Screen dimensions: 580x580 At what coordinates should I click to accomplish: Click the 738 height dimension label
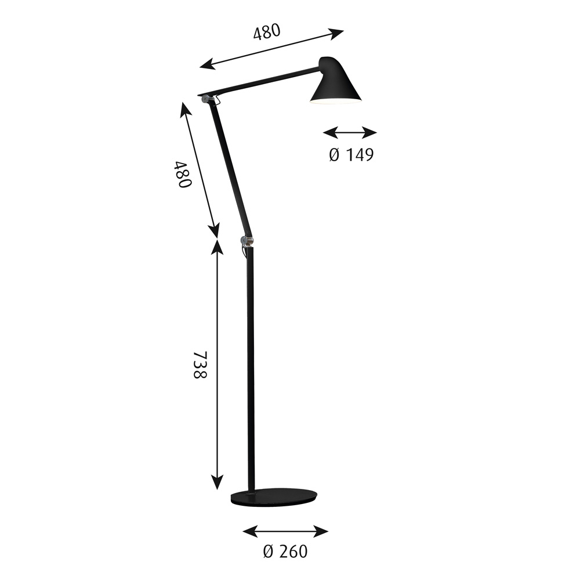click(201, 364)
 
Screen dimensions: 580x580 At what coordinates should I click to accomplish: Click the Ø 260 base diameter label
click(285, 552)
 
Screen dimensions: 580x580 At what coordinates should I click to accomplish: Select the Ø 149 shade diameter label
click(351, 155)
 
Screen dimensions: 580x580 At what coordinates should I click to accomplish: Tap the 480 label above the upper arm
click(267, 32)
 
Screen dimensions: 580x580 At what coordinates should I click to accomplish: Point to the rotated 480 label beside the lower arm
click(183, 174)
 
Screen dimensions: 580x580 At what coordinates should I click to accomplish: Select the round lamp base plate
click(274, 497)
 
